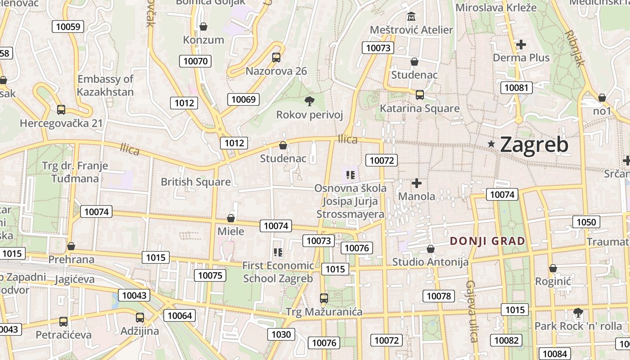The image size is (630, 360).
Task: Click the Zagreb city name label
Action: pos(534,145)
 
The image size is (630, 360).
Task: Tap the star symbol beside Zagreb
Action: pos(491,144)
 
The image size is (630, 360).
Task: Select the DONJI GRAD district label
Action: pos(487,241)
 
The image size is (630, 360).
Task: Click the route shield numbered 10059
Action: pos(68,27)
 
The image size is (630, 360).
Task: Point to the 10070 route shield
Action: pos(195,61)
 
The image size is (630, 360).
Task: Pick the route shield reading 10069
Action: pos(244,99)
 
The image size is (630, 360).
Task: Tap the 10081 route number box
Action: pos(517,87)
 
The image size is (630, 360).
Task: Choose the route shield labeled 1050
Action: pos(586,222)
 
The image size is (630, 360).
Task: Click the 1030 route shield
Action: pos(281,334)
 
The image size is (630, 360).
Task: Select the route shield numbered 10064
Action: pos(180,315)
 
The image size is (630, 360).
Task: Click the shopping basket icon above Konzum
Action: pos(203,27)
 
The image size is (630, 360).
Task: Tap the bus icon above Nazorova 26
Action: pos(276,58)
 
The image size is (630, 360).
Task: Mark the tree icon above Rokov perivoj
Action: pos(310,101)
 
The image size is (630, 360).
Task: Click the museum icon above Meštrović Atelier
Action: pos(411,17)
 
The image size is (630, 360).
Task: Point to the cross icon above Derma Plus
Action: pos(521,45)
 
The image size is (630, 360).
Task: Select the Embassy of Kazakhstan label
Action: pos(105,85)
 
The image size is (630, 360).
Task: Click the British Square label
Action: pos(196,182)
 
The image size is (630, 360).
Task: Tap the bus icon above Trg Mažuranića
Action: pos(324,298)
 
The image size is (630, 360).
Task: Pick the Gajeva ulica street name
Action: pos(472,311)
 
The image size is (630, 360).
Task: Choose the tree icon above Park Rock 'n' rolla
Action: pos(578,312)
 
